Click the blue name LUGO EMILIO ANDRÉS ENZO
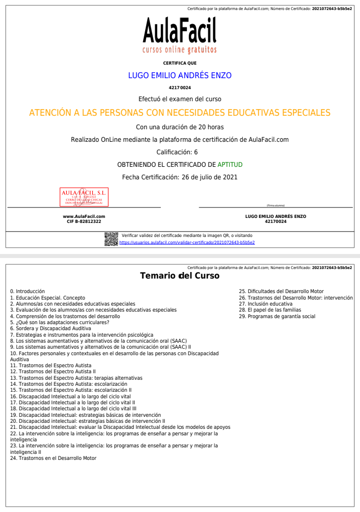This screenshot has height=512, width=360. [x=180, y=76]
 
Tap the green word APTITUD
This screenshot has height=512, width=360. [x=230, y=164]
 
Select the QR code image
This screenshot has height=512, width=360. [x=111, y=239]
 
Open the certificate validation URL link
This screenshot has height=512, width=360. [x=187, y=242]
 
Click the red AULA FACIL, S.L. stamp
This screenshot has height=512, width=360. [x=84, y=197]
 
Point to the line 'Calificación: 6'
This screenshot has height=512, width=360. [x=180, y=152]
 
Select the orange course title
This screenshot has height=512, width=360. [x=180, y=113]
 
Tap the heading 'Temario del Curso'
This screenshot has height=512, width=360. [x=180, y=276]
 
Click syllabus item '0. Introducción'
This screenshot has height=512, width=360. [x=28, y=291]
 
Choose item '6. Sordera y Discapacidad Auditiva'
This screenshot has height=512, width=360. [x=51, y=329]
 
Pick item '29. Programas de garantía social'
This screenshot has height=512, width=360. [x=277, y=316]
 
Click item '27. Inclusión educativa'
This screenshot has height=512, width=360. [x=265, y=304]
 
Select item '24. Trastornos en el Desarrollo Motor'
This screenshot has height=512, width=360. [x=53, y=458]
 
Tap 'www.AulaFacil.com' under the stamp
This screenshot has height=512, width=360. [x=84, y=216]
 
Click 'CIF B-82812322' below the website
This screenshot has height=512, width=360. [x=84, y=221]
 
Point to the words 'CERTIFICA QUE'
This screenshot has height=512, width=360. [x=180, y=63]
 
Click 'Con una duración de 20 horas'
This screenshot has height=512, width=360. [x=180, y=127]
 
